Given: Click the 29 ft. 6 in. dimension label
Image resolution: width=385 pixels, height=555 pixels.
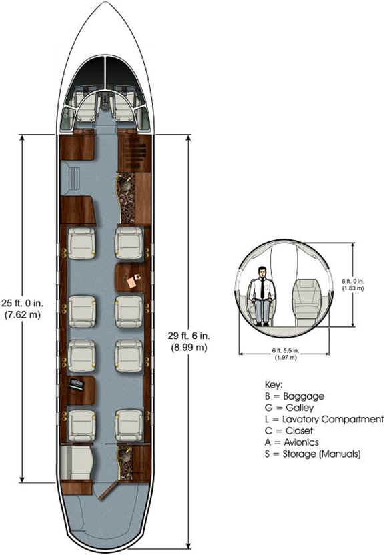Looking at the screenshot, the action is pyautogui.click(x=189, y=342).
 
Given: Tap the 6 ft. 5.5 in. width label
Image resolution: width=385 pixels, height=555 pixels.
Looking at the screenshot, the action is pyautogui.click(x=286, y=354).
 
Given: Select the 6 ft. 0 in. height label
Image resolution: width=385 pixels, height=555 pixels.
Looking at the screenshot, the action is pyautogui.click(x=353, y=285).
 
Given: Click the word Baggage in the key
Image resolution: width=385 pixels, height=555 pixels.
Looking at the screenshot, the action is pyautogui.click(x=304, y=396).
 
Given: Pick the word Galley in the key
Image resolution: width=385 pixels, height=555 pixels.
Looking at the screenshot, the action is pyautogui.click(x=300, y=408).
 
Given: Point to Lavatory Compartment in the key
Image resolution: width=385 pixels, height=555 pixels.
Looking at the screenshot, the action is pyautogui.click(x=333, y=419).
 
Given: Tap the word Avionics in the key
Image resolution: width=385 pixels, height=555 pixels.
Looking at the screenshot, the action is pyautogui.click(x=301, y=442).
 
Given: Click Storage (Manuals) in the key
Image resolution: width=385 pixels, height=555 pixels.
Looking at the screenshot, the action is pyautogui.click(x=321, y=454).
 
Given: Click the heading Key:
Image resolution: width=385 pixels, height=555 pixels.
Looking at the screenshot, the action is pyautogui.click(x=274, y=385).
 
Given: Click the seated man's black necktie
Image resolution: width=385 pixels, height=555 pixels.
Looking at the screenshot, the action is pyautogui.click(x=262, y=288).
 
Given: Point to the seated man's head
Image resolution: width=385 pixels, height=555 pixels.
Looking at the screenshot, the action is pyautogui.click(x=262, y=272).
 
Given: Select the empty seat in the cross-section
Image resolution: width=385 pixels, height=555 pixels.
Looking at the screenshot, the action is pyautogui.click(x=307, y=302).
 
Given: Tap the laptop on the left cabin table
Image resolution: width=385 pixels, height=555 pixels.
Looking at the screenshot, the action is pyautogui.click(x=77, y=384).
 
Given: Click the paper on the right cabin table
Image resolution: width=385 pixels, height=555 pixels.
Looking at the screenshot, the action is pyautogui.click(x=131, y=282).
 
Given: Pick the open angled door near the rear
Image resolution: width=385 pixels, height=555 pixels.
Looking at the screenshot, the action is pyautogui.click(x=107, y=491).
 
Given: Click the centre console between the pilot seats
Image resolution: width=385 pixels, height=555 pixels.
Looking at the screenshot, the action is pyautogui.click(x=105, y=101).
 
